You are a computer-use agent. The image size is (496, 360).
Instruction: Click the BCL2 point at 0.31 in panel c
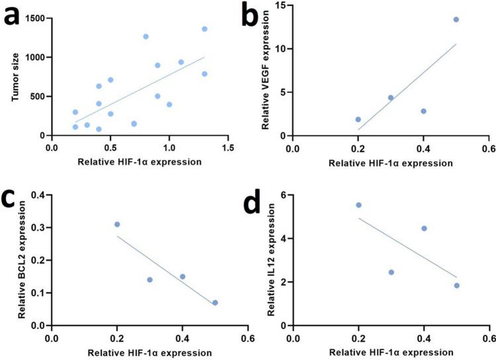[117, 224]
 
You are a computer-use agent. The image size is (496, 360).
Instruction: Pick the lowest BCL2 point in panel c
[215, 302]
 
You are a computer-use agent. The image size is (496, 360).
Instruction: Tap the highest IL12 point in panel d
[358, 205]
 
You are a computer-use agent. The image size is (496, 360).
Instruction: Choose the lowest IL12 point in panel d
[456, 285]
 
